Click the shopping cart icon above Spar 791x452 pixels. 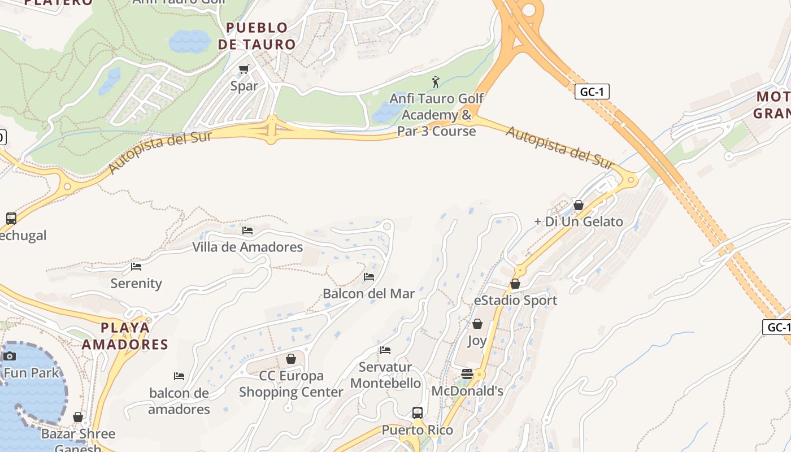[244, 69]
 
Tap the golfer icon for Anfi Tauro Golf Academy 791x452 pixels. [436, 82]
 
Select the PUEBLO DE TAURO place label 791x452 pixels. [257, 36]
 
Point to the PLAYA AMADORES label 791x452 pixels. [125, 336]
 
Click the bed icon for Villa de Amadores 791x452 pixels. [247, 231]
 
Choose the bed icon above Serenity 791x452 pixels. [136, 267]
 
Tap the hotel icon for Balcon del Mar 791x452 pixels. [369, 277]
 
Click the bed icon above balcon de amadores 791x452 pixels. [179, 376]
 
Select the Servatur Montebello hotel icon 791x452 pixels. [385, 350]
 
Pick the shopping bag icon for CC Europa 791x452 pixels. [291, 359]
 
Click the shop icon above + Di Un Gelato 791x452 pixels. [578, 205]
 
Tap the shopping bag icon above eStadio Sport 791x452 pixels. [515, 284]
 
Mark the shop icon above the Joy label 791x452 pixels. [477, 324]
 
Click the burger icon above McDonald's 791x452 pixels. [467, 374]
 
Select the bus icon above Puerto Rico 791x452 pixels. [418, 413]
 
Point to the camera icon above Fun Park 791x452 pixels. [10, 356]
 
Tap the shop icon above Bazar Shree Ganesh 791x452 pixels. [78, 418]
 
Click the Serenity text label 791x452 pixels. [136, 284]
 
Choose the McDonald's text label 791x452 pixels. [467, 391]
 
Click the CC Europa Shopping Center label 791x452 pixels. [291, 384]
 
